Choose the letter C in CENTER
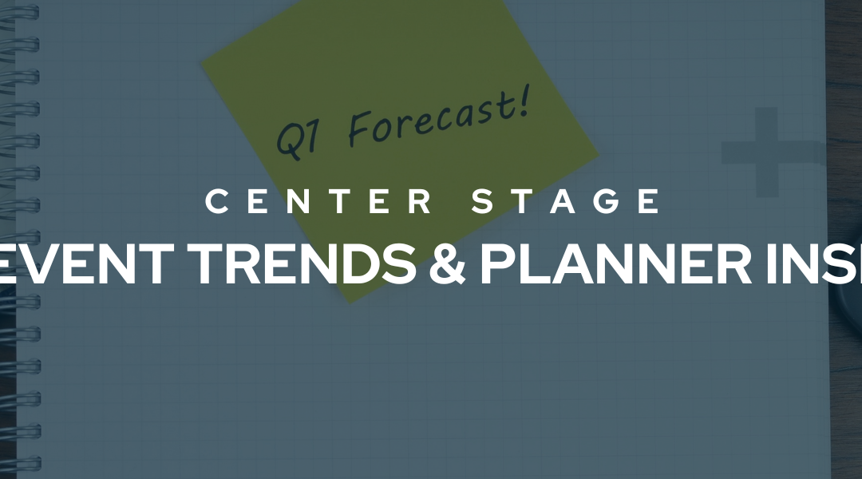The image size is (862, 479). tap(217, 201)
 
